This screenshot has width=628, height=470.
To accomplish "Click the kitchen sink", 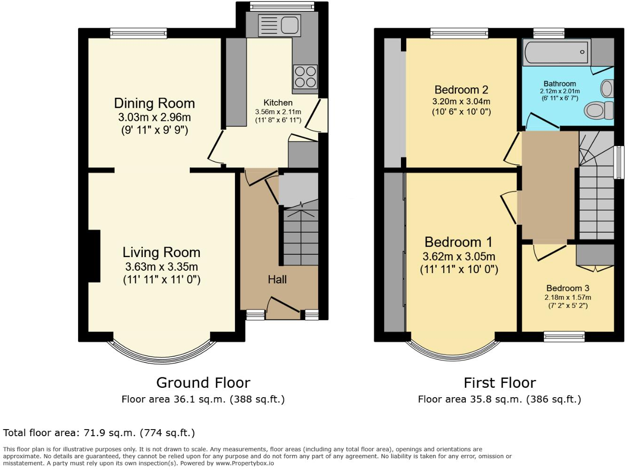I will (x=279, y=25).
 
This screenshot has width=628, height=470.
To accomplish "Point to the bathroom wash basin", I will (x=608, y=88).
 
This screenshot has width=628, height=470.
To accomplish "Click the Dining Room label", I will (x=154, y=103).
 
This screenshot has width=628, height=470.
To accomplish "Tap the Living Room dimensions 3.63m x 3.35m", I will (x=161, y=267).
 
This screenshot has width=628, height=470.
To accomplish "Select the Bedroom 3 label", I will (x=567, y=288).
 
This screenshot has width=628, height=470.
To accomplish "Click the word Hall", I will (x=277, y=280).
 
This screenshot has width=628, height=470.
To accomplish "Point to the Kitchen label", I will (x=278, y=102).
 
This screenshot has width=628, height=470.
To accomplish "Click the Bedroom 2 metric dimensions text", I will (x=461, y=102).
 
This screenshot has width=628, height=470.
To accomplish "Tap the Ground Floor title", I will (x=203, y=383).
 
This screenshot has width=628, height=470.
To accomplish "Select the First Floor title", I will (x=500, y=383).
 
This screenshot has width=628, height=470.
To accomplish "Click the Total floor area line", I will (x=99, y=433).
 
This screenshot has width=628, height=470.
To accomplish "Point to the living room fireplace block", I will (x=94, y=256).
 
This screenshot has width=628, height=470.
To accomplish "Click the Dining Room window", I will (x=138, y=33).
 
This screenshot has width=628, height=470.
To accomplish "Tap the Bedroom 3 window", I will (x=564, y=337).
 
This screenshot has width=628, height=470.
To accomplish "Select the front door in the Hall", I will (x=283, y=305).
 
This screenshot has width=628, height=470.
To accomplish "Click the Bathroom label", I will (x=559, y=84).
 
